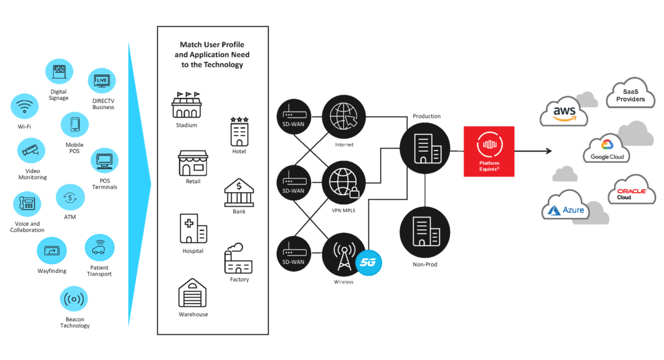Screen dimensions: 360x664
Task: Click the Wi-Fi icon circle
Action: coord(25,106)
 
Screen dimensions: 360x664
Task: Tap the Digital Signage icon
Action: coord(59,72)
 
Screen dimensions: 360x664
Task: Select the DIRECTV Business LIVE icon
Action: coord(102,81)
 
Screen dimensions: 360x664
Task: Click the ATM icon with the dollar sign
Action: coord(70,198)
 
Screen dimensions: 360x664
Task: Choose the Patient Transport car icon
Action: coord(100,248)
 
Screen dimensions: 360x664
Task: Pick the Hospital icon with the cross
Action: coord(193,228)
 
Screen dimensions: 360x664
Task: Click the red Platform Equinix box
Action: coord(489,151)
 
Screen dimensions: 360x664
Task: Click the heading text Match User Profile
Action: coord(212,45)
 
